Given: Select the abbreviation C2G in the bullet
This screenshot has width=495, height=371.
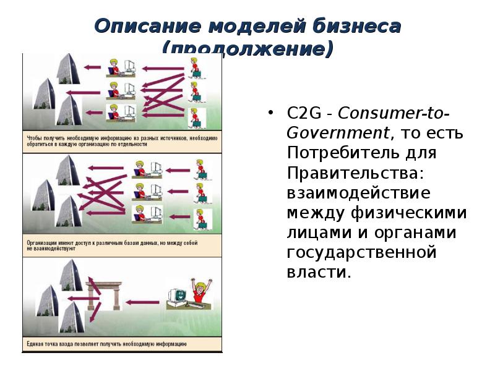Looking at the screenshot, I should (x=303, y=114).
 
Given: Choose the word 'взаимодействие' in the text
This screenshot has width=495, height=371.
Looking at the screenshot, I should (x=358, y=192).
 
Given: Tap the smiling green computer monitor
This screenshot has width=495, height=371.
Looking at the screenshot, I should (x=176, y=294).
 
